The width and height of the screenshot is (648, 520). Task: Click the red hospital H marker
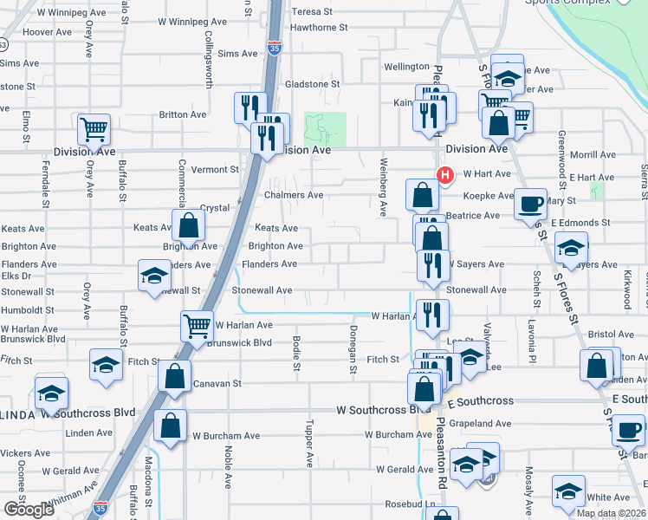point(445,175)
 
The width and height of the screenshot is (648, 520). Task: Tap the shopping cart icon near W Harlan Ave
point(198,327)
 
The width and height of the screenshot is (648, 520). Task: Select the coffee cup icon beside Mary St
point(530,205)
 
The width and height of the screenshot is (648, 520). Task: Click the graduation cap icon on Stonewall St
point(154,276)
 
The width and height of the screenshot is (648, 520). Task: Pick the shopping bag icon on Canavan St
point(175,377)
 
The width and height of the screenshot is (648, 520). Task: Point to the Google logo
point(29,510)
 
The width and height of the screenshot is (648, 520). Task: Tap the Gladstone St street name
point(313,84)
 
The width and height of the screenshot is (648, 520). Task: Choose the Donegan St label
point(353,350)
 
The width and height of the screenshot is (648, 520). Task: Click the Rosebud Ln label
point(411,504)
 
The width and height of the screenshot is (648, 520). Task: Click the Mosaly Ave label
point(528,487)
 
